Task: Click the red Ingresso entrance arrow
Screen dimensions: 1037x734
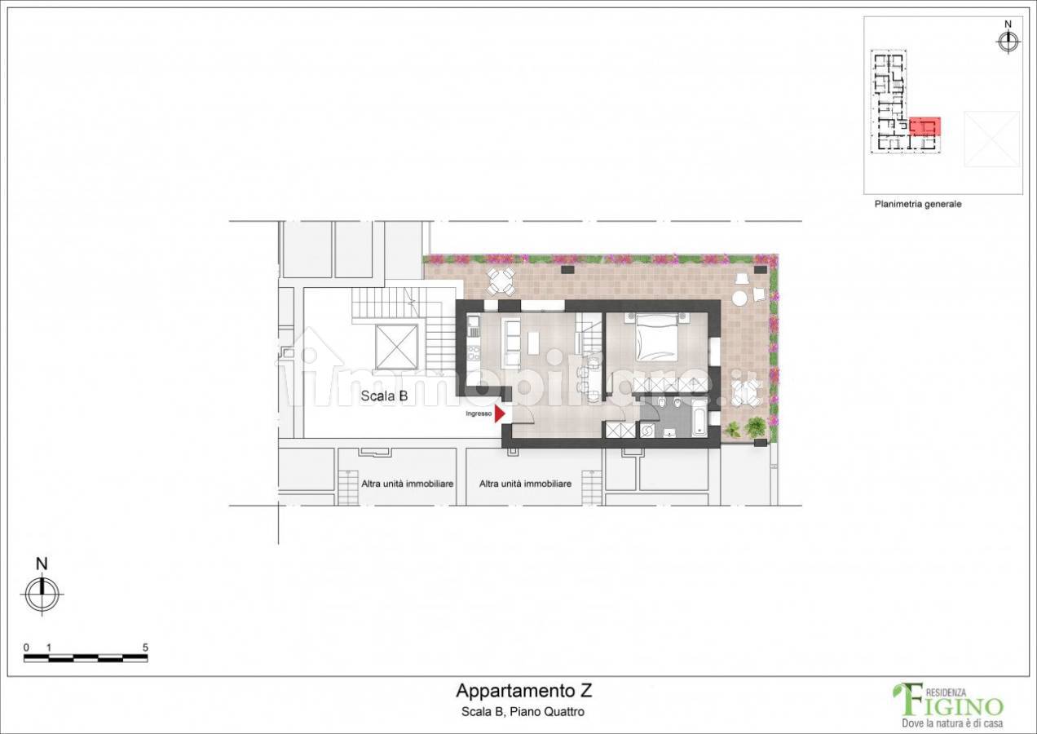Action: pos(499,413)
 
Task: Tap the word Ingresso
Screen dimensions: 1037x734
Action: pos(479,413)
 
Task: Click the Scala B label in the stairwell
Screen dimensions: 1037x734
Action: pos(384,396)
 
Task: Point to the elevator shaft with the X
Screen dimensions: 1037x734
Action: pos(397,346)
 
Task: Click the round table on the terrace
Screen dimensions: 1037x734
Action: pos(739,297)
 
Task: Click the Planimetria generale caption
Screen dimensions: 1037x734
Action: pos(918,204)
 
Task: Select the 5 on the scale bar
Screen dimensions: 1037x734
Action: pos(145,648)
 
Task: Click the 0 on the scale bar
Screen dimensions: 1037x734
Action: pos(26,648)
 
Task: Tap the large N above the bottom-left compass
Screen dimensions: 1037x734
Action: pos(42,564)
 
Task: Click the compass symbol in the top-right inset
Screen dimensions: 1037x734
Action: pos(1008,42)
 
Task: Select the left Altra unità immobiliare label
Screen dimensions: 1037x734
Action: pos(408,484)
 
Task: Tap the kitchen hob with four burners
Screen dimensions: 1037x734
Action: pos(473,356)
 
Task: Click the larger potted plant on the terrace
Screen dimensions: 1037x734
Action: pos(756,426)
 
